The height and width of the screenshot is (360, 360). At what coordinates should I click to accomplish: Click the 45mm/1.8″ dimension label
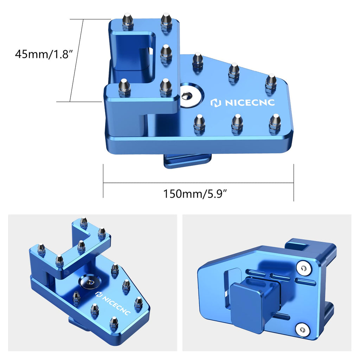tap(44, 54)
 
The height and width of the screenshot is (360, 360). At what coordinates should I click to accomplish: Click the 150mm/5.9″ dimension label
tap(195, 194)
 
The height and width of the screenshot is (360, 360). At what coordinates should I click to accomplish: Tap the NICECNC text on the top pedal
tap(250, 102)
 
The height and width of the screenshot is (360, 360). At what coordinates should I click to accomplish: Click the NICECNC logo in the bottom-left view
tap(113, 302)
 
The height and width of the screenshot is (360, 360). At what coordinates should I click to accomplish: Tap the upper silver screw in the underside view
tap(303, 268)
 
